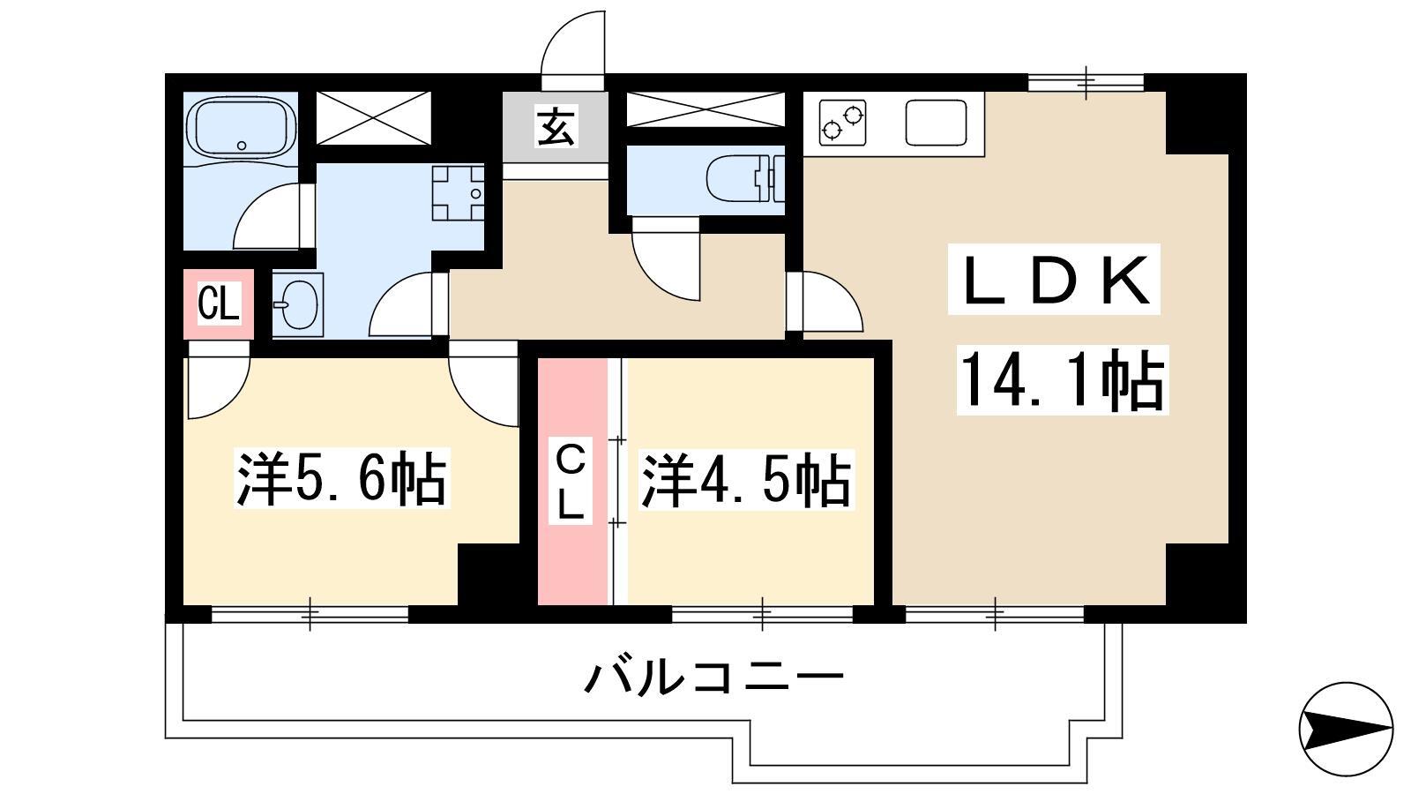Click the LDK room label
[x=1054, y=279]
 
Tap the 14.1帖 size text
[x=1063, y=380]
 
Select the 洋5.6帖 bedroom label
[x=342, y=478]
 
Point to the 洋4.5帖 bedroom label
[x=746, y=479]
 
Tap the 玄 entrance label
[x=556, y=127]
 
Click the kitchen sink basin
[x=936, y=123]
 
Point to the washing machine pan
[x=458, y=192]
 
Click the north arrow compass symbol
[x=1346, y=729]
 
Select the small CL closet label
[x=218, y=303]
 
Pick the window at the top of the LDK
[x=1086, y=83]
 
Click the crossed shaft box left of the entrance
[x=374, y=118]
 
